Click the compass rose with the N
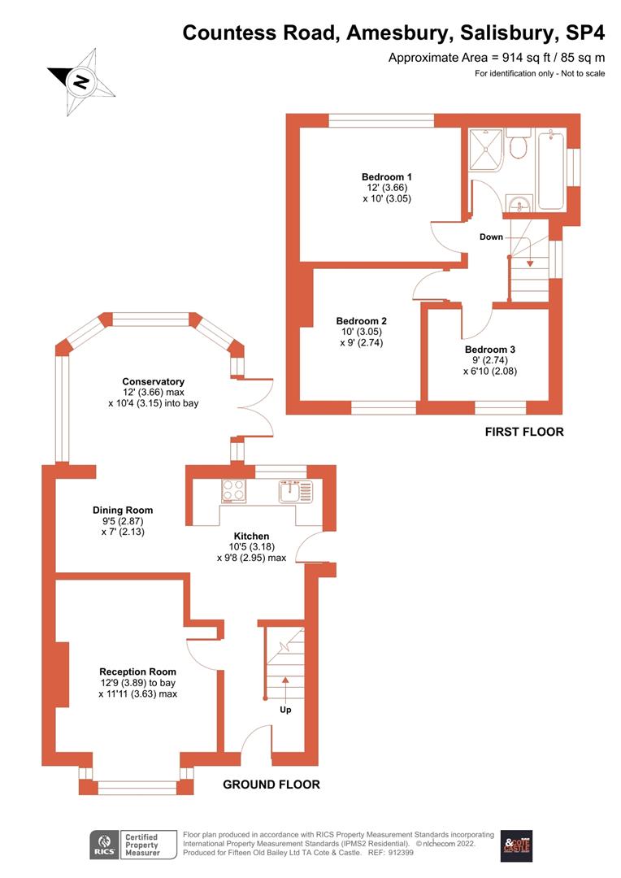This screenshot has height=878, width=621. tap(81, 80)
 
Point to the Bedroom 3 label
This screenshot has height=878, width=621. tap(489, 350)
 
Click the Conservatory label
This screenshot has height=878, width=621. tap(153, 381)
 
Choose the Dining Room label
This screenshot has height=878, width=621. tap(122, 511)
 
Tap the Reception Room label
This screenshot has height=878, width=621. tap(137, 672)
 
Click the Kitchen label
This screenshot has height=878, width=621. tap(251, 537)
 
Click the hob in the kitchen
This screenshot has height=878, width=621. tap(234, 491)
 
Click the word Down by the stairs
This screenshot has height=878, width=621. tap(491, 237)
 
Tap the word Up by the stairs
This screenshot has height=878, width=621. tap(285, 709)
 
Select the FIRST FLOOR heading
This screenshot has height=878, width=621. tap(523, 432)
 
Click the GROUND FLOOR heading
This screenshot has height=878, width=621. tap(271, 785)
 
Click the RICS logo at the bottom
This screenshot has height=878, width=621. tap(103, 845)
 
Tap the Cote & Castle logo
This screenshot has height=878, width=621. tap(515, 845)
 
